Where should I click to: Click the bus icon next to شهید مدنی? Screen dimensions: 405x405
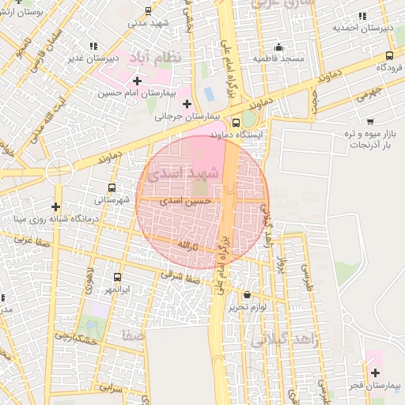pyautogui.click(x=148, y=10)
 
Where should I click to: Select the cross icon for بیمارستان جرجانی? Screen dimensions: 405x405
pyautogui.click(x=187, y=104)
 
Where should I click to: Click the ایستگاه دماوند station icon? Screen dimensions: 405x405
pyautogui.click(x=236, y=123)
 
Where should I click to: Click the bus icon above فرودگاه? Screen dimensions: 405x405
pyautogui.click(x=389, y=55)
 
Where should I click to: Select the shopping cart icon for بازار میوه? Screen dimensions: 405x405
pyautogui.click(x=370, y=122)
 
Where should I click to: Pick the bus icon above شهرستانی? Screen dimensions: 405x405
pyautogui.click(x=112, y=188)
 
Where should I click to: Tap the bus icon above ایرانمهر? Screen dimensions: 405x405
pyautogui.click(x=118, y=277)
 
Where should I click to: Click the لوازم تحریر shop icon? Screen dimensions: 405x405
pyautogui.click(x=247, y=294)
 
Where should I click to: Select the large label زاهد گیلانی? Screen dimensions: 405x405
pyautogui.click(x=283, y=341)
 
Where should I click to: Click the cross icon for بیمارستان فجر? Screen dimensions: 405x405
pyautogui.click(x=375, y=373)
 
